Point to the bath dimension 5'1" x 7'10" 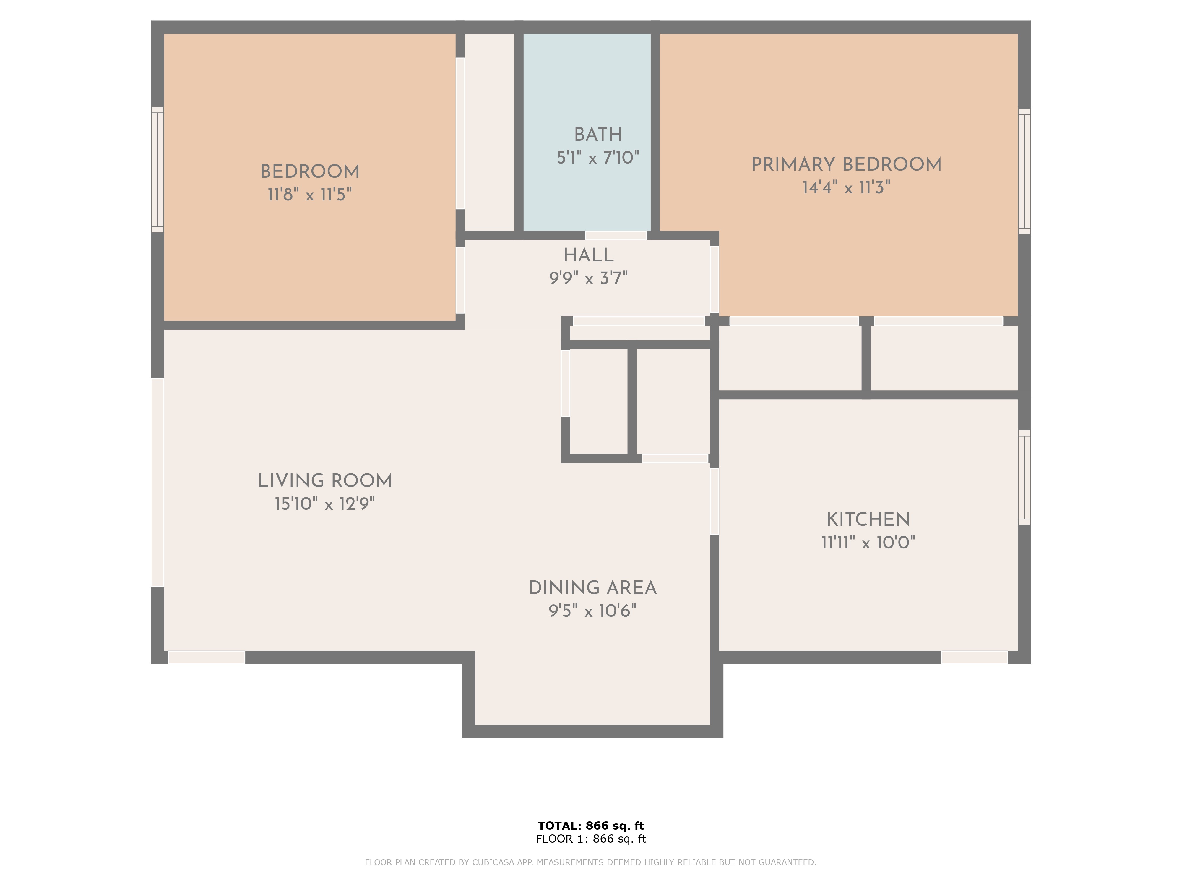click(x=598, y=157)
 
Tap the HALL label click(x=588, y=255)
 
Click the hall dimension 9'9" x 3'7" click(x=588, y=278)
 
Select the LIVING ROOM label click(x=325, y=481)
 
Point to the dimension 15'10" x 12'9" click(x=325, y=504)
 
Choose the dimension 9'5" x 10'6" click(x=592, y=611)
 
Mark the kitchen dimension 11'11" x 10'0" click(x=868, y=542)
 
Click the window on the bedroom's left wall click(x=157, y=170)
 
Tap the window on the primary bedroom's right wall click(x=1024, y=171)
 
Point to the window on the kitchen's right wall click(x=1024, y=478)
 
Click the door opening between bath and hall click(x=616, y=235)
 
